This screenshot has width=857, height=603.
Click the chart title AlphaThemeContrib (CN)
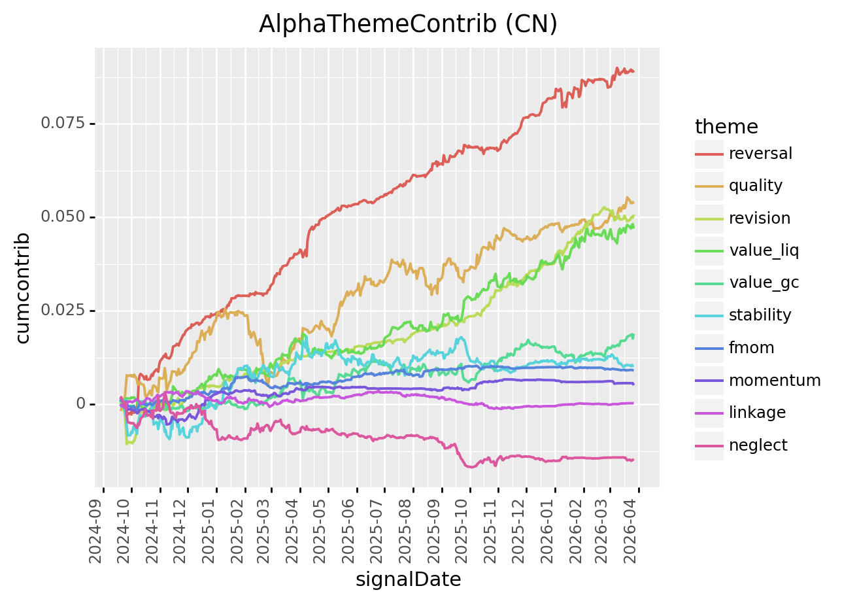point(408,24)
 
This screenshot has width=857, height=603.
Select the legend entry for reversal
point(760,154)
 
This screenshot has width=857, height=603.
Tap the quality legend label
point(755,186)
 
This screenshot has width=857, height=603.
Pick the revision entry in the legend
point(759,218)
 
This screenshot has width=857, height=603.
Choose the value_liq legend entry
point(764,250)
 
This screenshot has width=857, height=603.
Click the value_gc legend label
point(764,283)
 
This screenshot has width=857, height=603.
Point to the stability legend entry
point(760,315)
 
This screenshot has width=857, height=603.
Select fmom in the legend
point(751,348)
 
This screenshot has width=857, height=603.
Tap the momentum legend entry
point(774,381)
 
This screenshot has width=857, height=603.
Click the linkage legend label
point(757,413)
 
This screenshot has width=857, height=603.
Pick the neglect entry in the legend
point(758,445)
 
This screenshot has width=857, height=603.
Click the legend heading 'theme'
point(726,126)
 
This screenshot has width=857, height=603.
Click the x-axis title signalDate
point(408,579)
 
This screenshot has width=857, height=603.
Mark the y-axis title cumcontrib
point(23,287)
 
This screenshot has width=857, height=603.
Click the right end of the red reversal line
point(633,71)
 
